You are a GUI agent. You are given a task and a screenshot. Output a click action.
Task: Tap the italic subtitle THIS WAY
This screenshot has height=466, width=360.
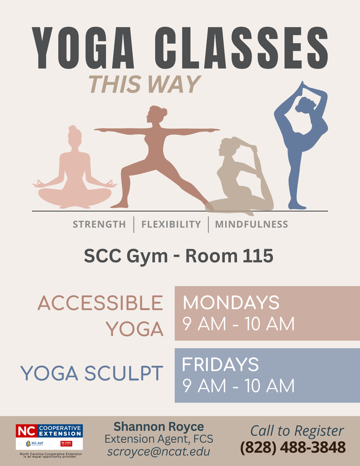(144, 84)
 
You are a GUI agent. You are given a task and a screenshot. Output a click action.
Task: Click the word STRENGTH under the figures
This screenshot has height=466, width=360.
(99, 224)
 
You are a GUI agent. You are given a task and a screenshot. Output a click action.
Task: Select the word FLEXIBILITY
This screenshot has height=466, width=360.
(171, 224)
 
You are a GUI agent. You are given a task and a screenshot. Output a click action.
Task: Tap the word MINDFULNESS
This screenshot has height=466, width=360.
(251, 224)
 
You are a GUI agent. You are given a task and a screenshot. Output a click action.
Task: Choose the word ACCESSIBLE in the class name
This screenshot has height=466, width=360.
(100, 303)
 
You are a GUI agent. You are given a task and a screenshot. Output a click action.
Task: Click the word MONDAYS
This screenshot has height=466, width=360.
(231, 302)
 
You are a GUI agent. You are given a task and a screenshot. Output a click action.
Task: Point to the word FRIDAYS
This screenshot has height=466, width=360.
(221, 364)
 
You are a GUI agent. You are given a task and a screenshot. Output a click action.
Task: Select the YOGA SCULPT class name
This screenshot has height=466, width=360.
(92, 374)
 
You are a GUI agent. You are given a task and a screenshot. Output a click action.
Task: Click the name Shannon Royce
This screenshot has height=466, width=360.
(158, 426)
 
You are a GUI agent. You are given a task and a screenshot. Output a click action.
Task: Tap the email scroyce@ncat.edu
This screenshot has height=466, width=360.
(158, 452)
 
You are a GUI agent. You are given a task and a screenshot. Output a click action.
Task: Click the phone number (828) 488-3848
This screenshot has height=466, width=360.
(293, 447)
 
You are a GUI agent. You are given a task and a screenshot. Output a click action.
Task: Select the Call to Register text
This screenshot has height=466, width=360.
(297, 431)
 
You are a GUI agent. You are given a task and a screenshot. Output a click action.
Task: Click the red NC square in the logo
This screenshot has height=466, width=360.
(26, 431)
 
